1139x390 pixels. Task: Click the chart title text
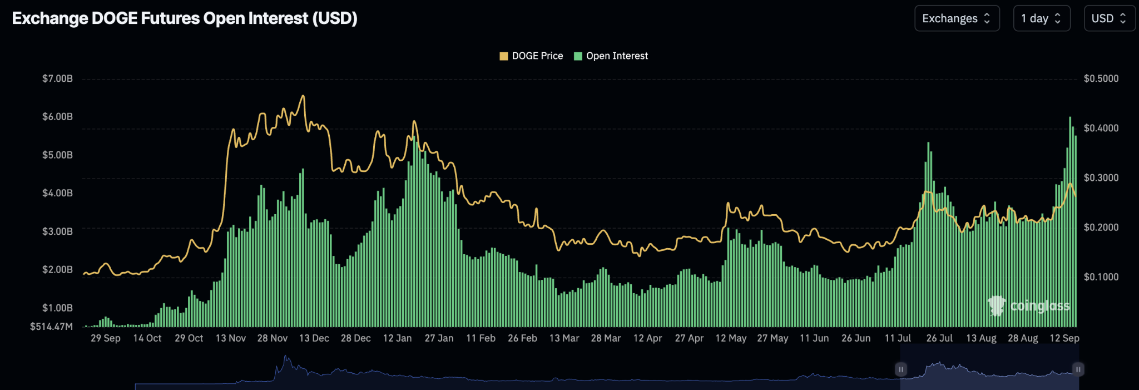coord(185,18)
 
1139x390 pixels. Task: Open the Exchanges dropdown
coord(957,18)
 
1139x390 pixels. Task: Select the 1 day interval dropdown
coord(1041,18)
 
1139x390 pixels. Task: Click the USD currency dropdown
coord(1109,18)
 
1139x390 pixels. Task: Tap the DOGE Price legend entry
coord(531,56)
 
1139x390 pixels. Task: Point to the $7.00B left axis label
coord(57,78)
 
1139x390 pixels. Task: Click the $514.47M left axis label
coord(51,327)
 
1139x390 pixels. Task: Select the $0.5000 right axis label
coord(1101,78)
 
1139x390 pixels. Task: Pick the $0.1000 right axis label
coord(1101,277)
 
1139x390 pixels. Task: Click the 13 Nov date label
coord(230,338)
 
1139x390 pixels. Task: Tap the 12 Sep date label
coord(1064,338)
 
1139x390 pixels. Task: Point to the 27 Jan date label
coord(439,338)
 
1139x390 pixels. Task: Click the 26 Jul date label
coord(939,338)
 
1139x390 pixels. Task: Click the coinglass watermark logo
coord(1029,305)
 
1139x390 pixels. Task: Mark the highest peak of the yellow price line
coord(303,96)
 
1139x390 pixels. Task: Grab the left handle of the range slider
coord(900,369)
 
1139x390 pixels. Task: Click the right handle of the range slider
coord(1078,369)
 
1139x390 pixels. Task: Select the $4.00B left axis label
coord(57,193)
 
